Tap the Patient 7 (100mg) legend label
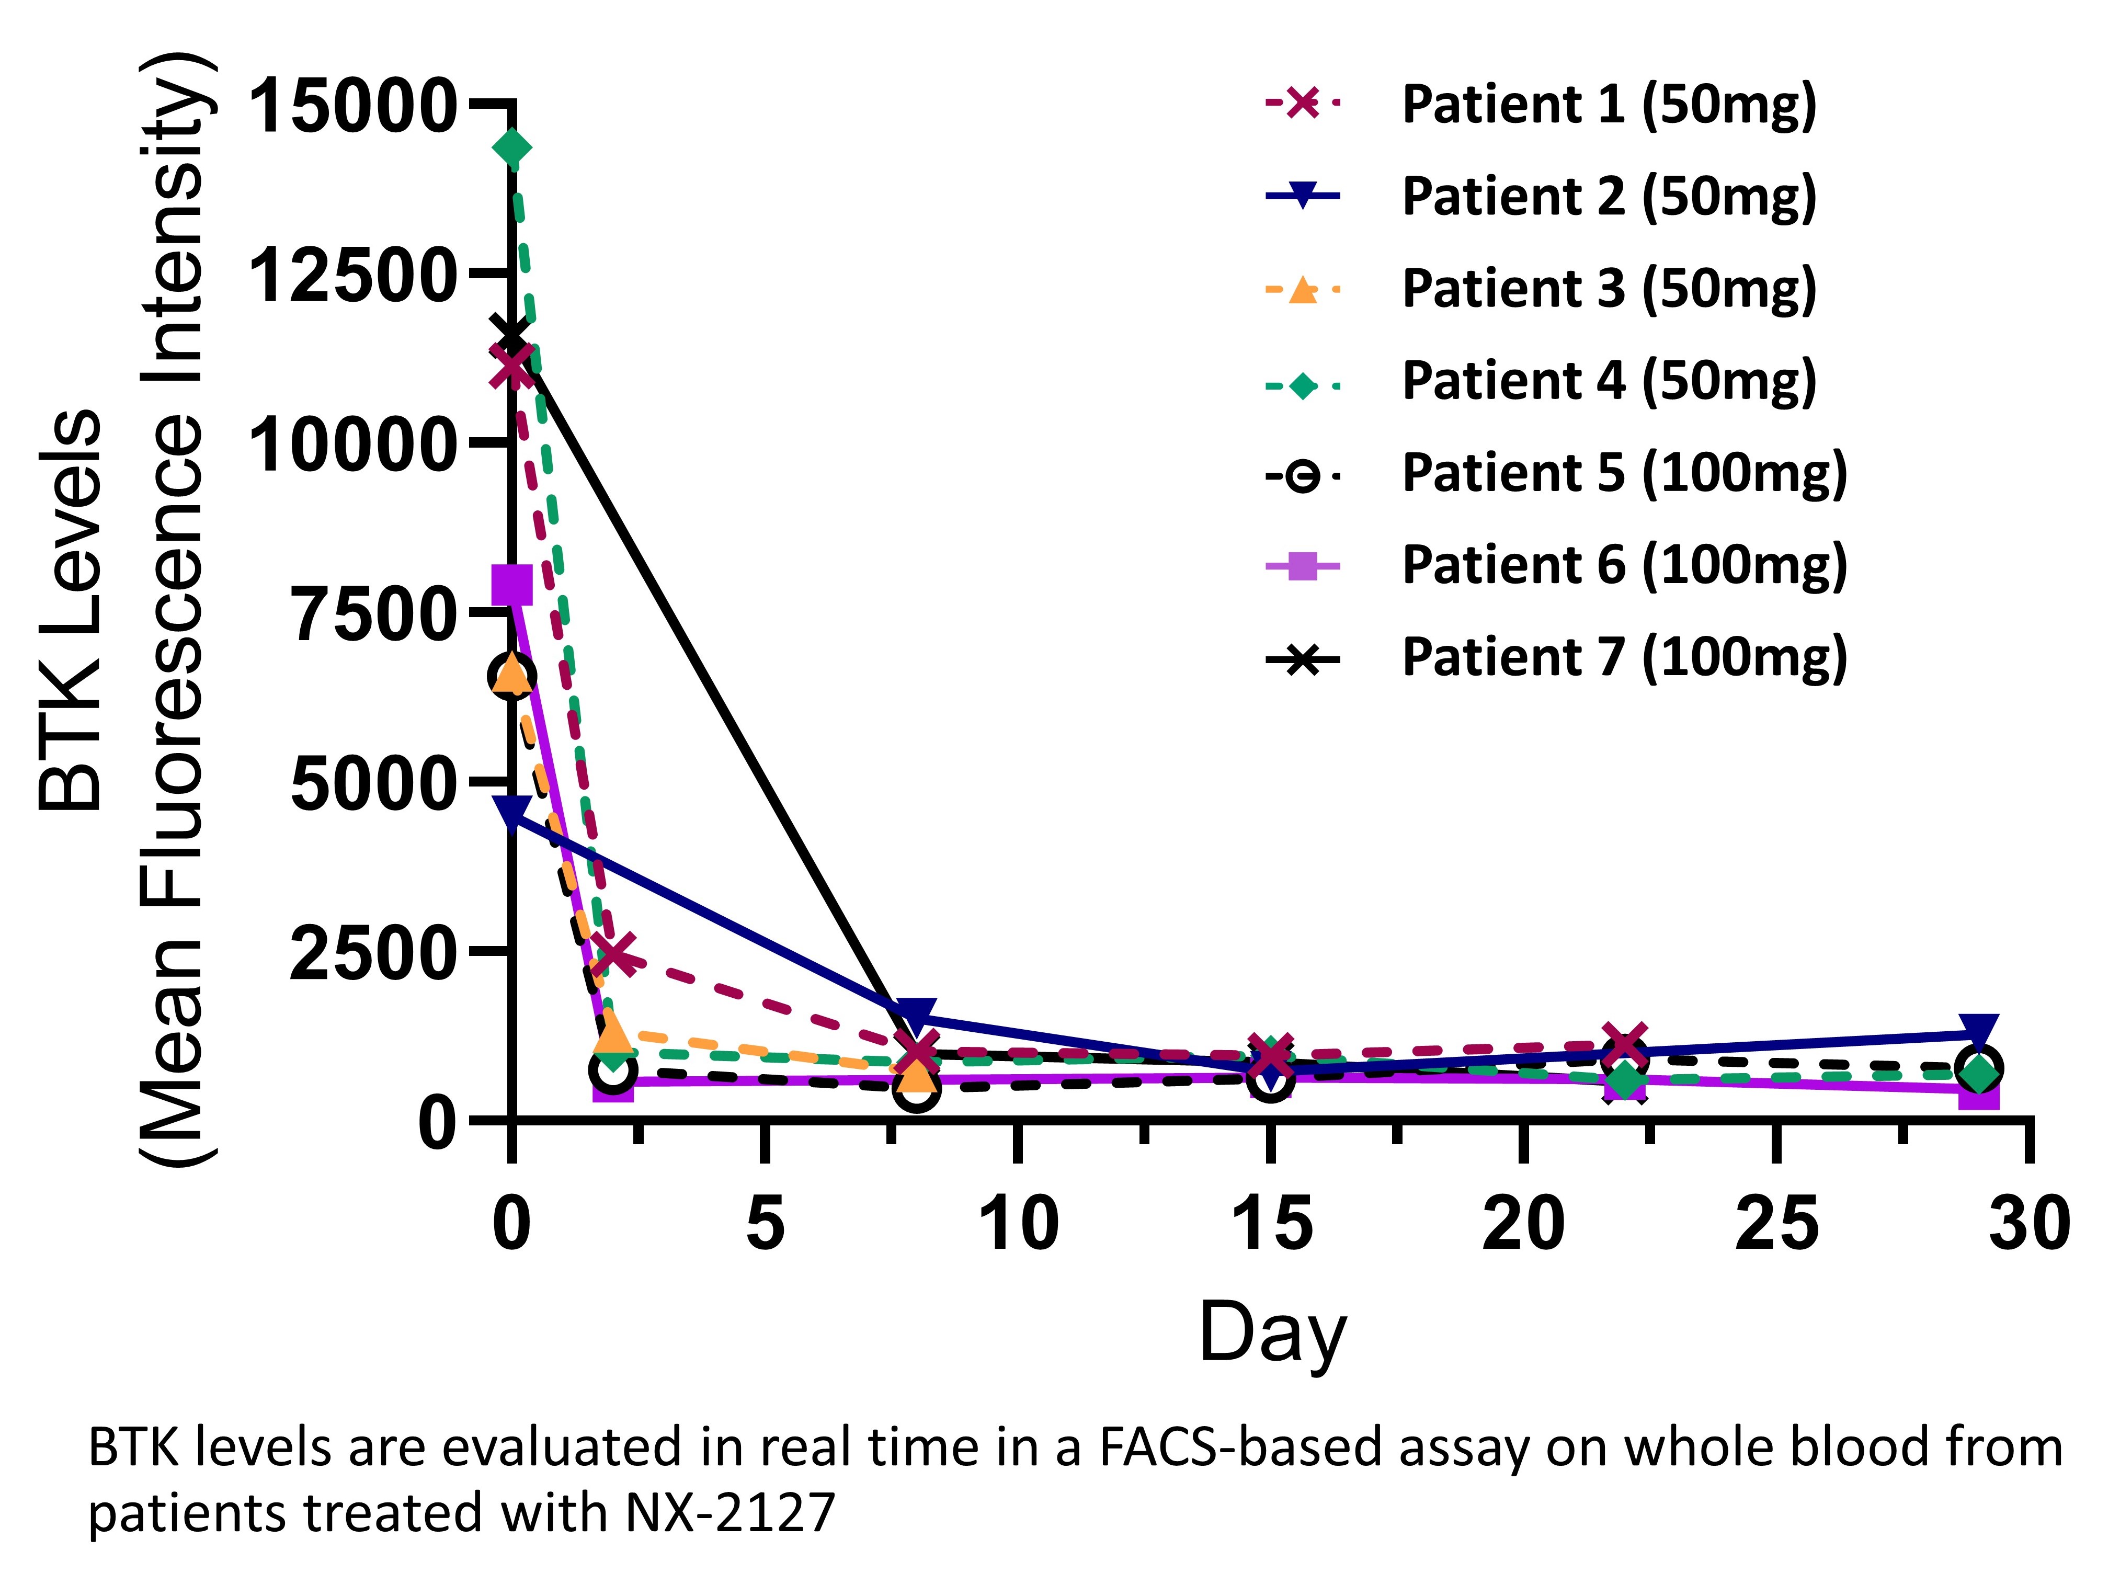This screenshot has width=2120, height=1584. [1624, 657]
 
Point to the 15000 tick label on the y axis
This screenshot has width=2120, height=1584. [351, 106]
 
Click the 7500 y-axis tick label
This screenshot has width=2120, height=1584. [372, 614]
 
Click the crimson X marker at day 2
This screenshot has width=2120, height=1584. [613, 953]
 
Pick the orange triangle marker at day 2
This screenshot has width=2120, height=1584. [613, 1033]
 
